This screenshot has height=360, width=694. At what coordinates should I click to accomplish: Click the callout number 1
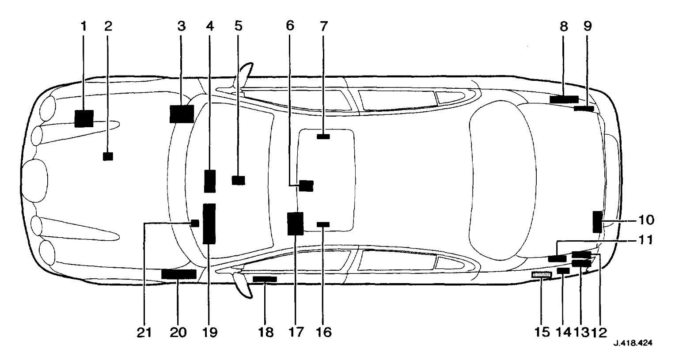(83, 27)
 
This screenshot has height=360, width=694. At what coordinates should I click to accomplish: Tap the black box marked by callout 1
(83, 119)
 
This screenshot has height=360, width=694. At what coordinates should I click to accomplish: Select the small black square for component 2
(108, 156)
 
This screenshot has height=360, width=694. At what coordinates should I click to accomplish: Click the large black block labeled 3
(182, 114)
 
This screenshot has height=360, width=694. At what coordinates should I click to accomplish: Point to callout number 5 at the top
(238, 27)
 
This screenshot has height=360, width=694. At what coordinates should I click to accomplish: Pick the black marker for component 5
(238, 180)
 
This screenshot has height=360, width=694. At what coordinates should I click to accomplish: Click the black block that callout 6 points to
(306, 186)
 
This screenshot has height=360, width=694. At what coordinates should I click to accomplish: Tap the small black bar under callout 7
(323, 136)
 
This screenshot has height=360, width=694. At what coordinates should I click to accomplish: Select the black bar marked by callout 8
(564, 99)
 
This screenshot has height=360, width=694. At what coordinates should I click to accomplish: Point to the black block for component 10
(597, 222)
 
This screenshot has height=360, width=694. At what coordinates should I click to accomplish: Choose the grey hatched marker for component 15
(542, 275)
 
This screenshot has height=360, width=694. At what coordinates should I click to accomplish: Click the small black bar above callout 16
(323, 224)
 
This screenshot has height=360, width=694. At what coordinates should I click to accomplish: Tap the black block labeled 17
(295, 224)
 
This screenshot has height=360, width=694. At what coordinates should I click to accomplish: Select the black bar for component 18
(265, 279)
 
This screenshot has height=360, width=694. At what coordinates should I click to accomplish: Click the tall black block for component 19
(209, 224)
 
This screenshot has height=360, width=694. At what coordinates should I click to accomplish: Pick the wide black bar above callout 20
(178, 274)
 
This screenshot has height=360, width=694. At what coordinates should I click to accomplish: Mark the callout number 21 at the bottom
(144, 332)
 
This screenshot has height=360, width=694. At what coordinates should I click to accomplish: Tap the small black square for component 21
(194, 223)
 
